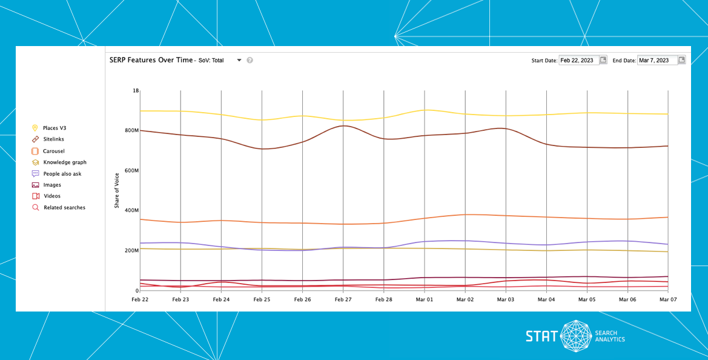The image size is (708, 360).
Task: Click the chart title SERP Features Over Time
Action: coord(151,60)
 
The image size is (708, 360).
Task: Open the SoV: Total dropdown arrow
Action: coord(239,60)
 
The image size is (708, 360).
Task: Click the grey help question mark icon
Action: coord(250,60)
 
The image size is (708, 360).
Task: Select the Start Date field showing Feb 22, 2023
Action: coord(578,60)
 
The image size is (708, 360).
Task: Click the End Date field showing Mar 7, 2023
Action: coord(657,60)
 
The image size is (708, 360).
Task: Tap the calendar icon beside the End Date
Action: coord(682,60)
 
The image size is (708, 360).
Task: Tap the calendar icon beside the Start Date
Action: coord(603,60)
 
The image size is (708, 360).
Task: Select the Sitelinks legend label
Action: coord(53,139)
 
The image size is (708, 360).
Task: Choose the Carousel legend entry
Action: coord(53,151)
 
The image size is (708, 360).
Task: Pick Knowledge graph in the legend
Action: coord(64,162)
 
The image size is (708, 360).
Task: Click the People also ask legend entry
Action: coord(62,174)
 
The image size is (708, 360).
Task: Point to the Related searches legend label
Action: coord(64,207)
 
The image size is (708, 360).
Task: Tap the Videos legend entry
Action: coord(51,196)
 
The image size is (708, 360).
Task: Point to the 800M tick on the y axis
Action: coord(131,130)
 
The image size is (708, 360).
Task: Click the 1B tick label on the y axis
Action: coord(136,90)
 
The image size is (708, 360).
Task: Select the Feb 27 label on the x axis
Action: coord(343,299)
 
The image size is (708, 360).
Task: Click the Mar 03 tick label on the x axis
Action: coord(506,299)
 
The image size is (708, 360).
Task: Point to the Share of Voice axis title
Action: coord(117,190)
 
